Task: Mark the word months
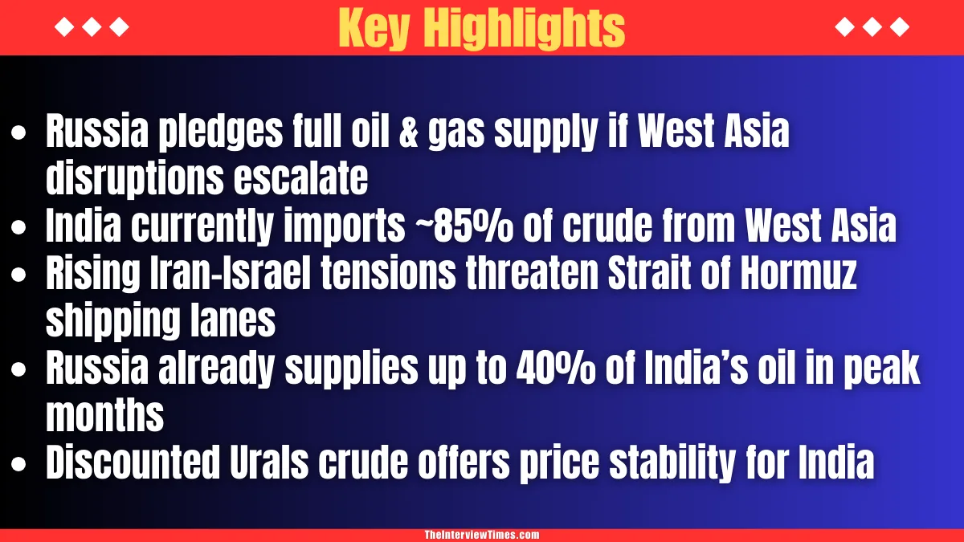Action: (104, 416)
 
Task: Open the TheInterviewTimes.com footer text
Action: (482, 535)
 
